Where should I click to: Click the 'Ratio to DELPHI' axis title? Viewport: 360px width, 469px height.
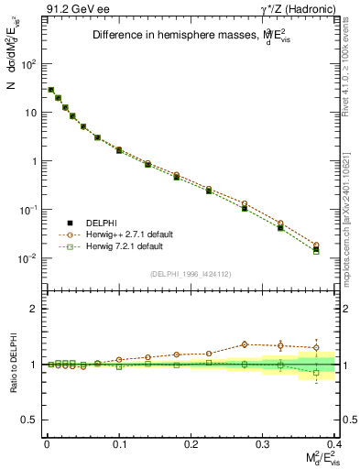coord(12,364)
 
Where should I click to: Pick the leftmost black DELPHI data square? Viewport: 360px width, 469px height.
coord(50,90)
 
